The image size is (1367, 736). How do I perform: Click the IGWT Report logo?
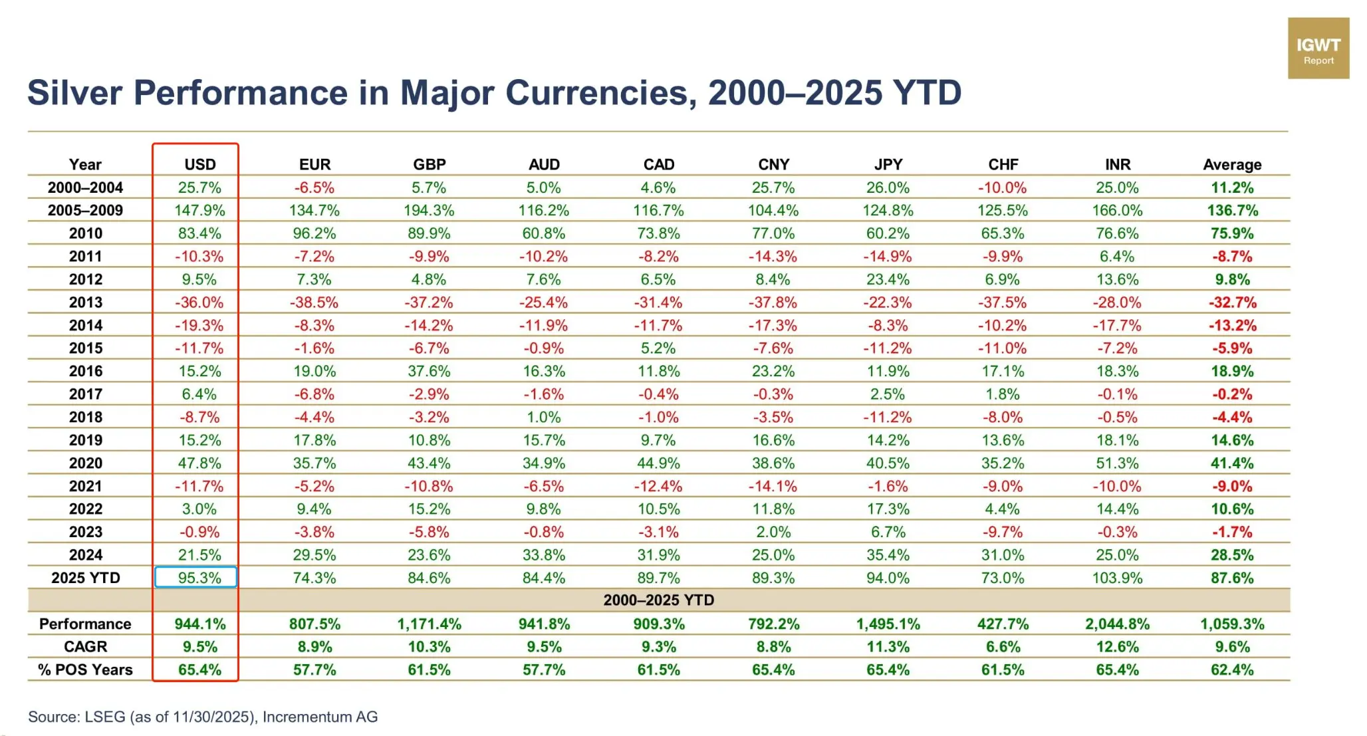1318,49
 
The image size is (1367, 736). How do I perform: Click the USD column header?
199,164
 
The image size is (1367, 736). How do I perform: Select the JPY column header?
888,164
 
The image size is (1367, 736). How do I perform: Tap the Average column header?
1231,164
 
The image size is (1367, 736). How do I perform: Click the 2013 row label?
86,303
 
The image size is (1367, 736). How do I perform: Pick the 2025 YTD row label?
86,578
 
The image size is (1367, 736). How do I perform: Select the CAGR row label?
86,647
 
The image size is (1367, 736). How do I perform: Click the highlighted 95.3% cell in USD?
197,577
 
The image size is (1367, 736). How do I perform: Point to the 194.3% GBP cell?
429,211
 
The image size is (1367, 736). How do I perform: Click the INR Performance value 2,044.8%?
1117,624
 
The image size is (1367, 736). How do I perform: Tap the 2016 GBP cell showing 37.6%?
429,371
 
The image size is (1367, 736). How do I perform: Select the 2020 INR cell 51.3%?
1117,463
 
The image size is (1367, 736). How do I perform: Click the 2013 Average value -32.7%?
1232,303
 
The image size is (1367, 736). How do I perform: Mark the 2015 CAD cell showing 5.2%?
658,348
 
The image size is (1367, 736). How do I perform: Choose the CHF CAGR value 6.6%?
1003,647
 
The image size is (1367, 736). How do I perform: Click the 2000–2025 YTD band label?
658,600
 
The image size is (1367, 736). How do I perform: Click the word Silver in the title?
74,93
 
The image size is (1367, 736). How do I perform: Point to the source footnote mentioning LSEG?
203,717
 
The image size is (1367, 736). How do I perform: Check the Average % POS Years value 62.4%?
1231,670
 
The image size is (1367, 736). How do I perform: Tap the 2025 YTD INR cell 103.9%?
1117,578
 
